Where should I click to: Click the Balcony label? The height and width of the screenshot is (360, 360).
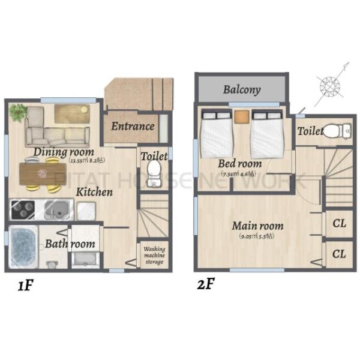(242, 90)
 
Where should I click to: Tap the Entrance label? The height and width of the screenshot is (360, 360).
(133, 126)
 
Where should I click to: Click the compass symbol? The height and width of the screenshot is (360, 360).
(330, 86)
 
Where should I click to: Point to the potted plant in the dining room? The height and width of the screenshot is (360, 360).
(18, 111)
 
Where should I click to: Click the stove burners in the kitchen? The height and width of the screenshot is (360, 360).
(24, 210)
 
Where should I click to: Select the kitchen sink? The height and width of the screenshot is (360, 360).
(57, 210)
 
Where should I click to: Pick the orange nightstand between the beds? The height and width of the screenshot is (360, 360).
(241, 116)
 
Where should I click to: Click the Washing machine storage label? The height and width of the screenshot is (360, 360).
(154, 256)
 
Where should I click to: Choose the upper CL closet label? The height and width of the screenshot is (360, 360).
(339, 224)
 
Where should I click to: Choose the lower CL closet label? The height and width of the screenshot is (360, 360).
(339, 254)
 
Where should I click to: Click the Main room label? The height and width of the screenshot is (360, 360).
(258, 226)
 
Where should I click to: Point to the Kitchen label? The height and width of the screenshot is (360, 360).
(94, 193)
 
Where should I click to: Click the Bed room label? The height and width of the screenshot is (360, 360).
(240, 163)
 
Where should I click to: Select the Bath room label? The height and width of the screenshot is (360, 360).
(70, 244)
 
